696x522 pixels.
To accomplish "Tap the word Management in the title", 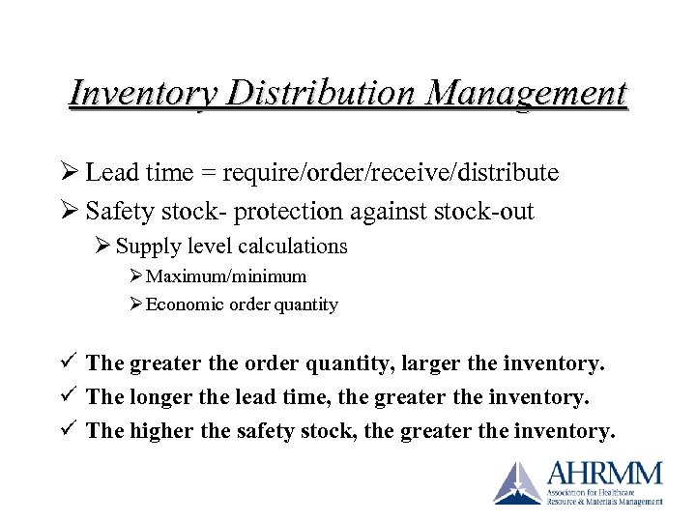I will (526, 94).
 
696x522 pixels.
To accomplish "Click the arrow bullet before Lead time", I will (70, 173).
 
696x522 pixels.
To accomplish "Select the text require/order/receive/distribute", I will (390, 174).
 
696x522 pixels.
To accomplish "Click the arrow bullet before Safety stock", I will (70, 211).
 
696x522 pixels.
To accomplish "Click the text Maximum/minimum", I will (226, 277).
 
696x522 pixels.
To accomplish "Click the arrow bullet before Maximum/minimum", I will (135, 277).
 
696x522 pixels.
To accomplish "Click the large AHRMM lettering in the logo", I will (605, 474).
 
